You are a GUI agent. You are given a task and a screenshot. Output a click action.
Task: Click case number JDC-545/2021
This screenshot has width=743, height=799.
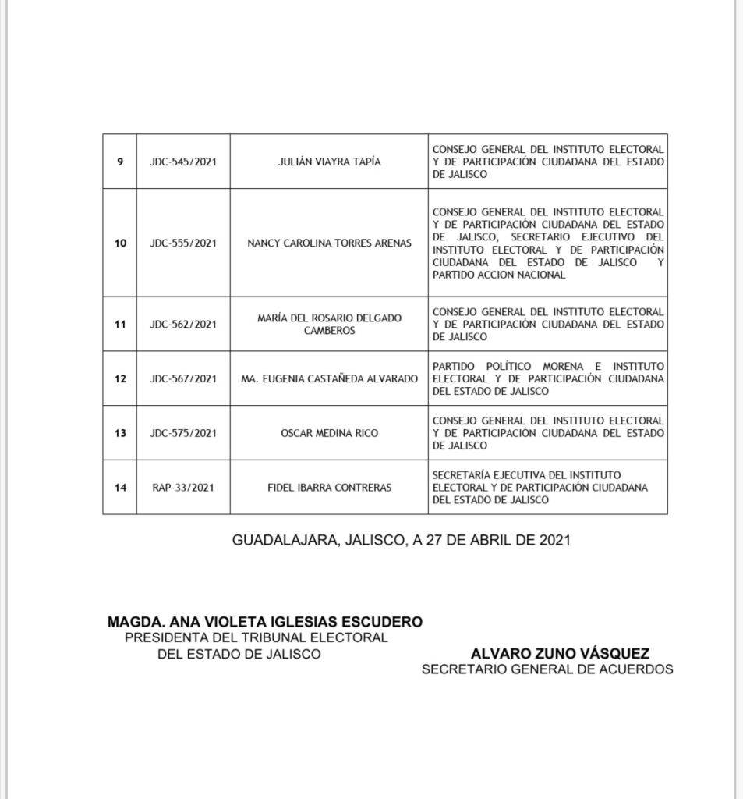pos(183,162)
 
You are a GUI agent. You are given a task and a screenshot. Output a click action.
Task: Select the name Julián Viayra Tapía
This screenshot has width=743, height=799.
pos(329,162)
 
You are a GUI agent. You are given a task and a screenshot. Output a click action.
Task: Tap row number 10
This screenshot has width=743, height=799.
pos(120,243)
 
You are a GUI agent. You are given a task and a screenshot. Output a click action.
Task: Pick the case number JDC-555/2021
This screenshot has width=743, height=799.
pos(183,243)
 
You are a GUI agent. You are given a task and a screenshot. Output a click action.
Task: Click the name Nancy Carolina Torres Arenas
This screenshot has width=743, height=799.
pos(329,243)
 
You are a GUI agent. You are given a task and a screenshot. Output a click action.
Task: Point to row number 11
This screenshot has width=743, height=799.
pos(120,324)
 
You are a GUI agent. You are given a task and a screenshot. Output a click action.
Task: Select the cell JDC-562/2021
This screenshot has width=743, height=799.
pos(183,324)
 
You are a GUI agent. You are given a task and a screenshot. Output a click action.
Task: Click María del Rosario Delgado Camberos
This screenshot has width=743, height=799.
pos(329,324)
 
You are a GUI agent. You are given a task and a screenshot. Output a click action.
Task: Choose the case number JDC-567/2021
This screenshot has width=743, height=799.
pos(183,378)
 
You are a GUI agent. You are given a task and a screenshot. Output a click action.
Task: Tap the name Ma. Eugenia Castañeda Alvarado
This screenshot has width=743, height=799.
pos(329,378)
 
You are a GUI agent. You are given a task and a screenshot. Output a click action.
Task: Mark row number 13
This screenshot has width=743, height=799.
pos(120,432)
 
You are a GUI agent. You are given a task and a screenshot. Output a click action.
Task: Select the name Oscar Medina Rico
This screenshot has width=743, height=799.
pos(329,432)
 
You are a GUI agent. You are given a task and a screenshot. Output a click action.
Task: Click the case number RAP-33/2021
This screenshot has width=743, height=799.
pos(183,487)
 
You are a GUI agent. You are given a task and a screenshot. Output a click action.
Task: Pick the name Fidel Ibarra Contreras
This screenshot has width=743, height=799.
pos(329,487)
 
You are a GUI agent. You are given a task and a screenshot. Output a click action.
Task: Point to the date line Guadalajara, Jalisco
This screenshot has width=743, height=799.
pos(401,539)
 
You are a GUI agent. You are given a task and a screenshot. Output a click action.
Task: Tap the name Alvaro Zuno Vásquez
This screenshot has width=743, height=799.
pos(560,654)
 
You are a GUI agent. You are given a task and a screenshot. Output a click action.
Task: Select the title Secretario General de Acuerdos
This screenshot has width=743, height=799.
pos(547,669)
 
